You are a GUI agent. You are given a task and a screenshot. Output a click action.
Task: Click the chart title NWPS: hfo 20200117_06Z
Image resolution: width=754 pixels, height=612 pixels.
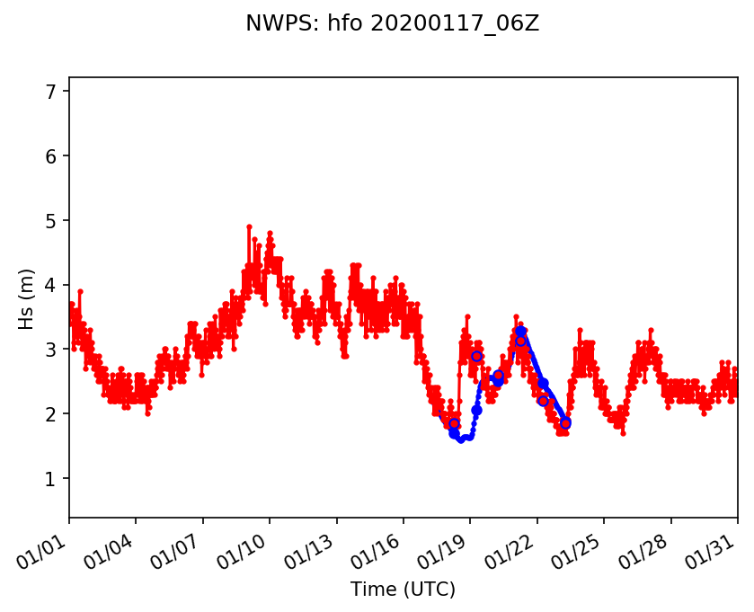pyautogui.click(x=392, y=24)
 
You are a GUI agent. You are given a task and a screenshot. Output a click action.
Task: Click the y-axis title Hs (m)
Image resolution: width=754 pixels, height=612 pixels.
pyautogui.click(x=27, y=298)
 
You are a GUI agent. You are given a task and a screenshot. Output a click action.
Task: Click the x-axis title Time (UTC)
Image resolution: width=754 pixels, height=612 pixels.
pyautogui.click(x=403, y=590)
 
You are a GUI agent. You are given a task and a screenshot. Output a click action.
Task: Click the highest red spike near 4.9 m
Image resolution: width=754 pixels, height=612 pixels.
pyautogui.click(x=249, y=226)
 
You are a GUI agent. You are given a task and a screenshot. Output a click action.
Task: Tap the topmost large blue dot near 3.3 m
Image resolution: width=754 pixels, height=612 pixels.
pyautogui.click(x=520, y=332)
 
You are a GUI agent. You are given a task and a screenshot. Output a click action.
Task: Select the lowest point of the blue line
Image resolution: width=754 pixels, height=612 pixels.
pyautogui.click(x=460, y=439)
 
